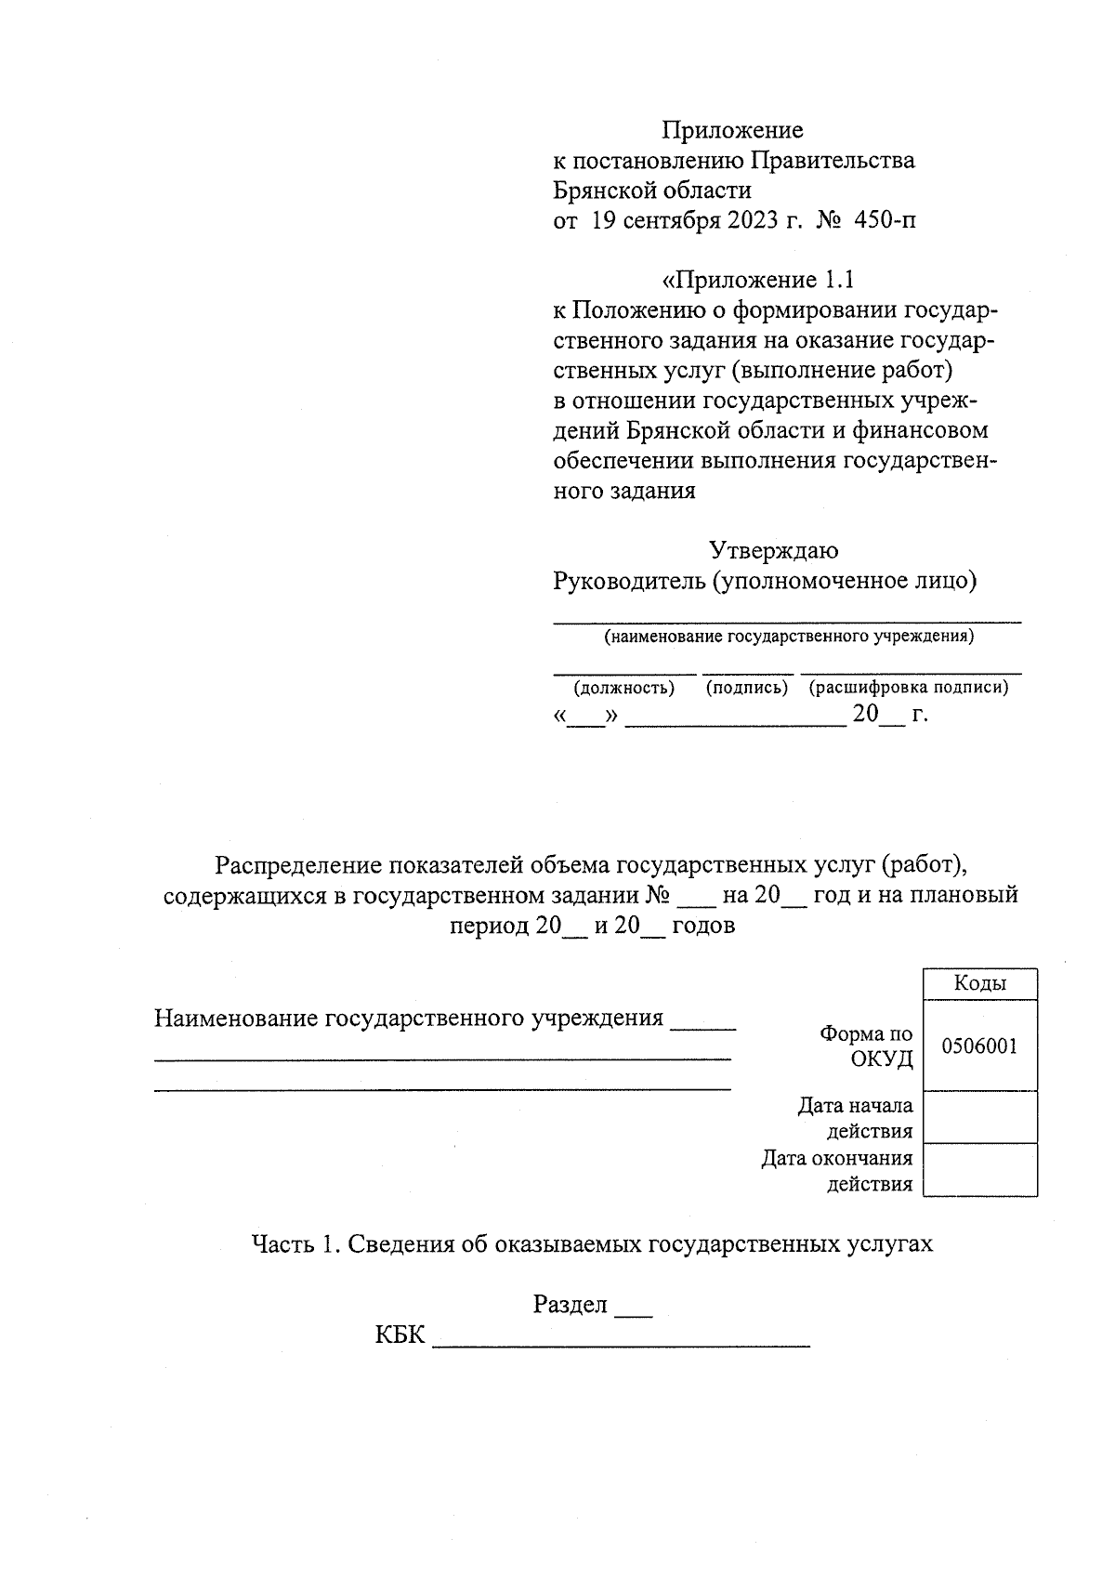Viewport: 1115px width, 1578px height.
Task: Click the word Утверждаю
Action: click(773, 550)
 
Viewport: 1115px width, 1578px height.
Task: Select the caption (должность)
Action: click(623, 688)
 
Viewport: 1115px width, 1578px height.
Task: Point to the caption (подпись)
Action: click(747, 688)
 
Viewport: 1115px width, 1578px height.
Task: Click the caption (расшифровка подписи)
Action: click(908, 688)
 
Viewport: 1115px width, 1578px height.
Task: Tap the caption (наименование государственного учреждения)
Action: click(788, 637)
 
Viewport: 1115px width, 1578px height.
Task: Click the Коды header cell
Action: click(979, 983)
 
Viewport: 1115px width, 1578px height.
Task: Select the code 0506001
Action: click(979, 1045)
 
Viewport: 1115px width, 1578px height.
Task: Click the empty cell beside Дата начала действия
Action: click(979, 1117)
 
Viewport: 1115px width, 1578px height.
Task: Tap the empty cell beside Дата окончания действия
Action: click(979, 1169)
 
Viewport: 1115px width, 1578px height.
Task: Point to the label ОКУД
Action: click(882, 1059)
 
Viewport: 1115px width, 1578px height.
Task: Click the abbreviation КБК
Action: click(400, 1335)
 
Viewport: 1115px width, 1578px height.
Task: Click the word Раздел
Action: click(570, 1305)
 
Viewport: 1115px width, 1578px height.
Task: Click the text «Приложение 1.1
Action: click(757, 280)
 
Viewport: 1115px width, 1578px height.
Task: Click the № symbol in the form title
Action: click(658, 895)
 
